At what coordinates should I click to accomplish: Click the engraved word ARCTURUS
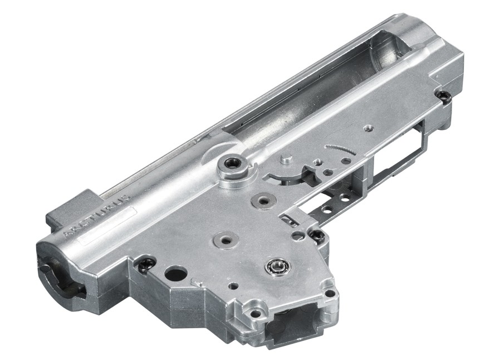pyautogui.click(x=96, y=216)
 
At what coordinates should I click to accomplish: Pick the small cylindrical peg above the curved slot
pyautogui.click(x=286, y=160)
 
